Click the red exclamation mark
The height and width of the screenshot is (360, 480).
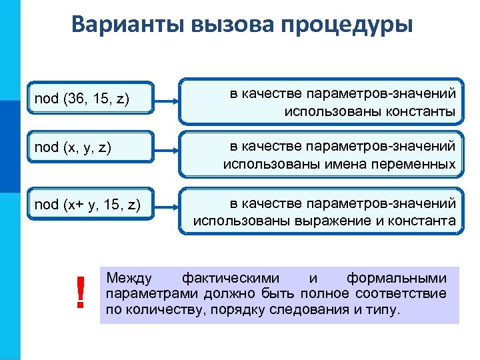pos(81,293)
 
